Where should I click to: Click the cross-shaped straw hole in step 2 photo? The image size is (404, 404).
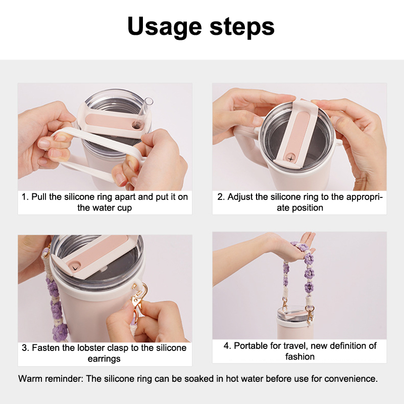click(291, 158)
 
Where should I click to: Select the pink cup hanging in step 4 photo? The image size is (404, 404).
click(295, 323)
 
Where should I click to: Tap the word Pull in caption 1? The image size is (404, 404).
click(39, 197)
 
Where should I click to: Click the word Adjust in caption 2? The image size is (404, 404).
click(240, 197)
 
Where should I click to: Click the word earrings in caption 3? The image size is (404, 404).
click(104, 359)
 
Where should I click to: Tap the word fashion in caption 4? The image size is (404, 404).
click(300, 357)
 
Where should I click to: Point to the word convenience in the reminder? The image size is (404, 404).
click(351, 379)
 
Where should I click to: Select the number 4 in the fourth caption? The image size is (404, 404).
click(226, 346)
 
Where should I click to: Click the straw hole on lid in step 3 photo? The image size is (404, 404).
click(75, 268)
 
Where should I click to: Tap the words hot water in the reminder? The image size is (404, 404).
click(244, 379)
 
